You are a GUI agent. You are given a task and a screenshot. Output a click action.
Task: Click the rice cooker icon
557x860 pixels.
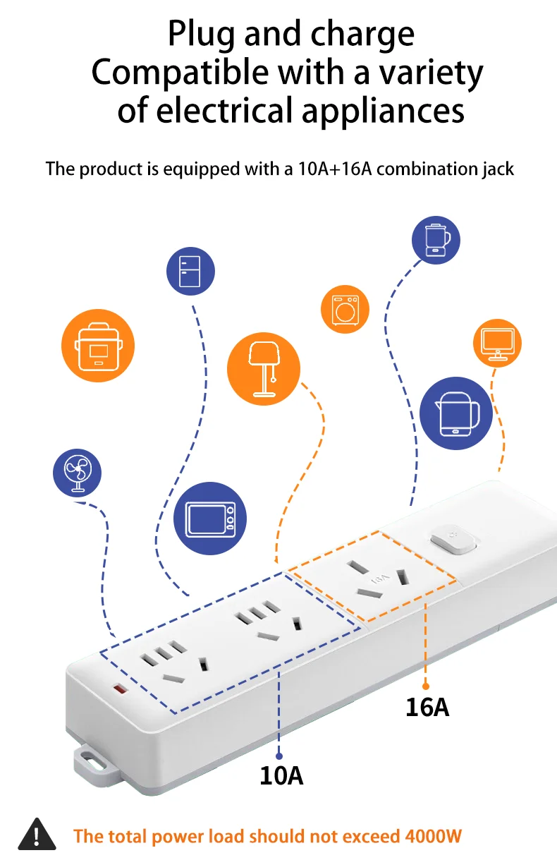coord(97,346)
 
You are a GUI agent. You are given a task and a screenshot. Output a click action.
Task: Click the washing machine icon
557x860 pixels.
coord(345,309)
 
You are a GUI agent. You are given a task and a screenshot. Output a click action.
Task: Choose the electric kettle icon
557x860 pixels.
coord(455,413)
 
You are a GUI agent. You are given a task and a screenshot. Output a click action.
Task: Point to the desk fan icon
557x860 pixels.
coord(78,472)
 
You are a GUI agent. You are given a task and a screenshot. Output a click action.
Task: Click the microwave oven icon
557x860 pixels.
coord(209,518)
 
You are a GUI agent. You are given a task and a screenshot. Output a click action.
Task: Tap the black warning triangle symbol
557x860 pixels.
coord(36,835)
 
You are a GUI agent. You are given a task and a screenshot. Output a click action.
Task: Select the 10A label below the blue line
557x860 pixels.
coord(281,775)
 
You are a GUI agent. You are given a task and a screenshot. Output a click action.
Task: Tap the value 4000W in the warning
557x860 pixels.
coord(433,837)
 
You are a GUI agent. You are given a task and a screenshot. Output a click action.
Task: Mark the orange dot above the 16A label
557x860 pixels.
coord(426,685)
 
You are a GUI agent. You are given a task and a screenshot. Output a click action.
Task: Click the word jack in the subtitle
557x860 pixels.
coord(498,169)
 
